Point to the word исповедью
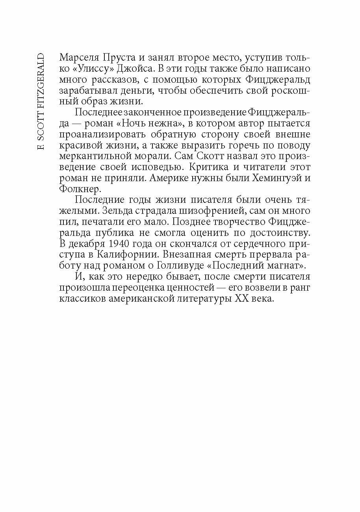click(x=157, y=167)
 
